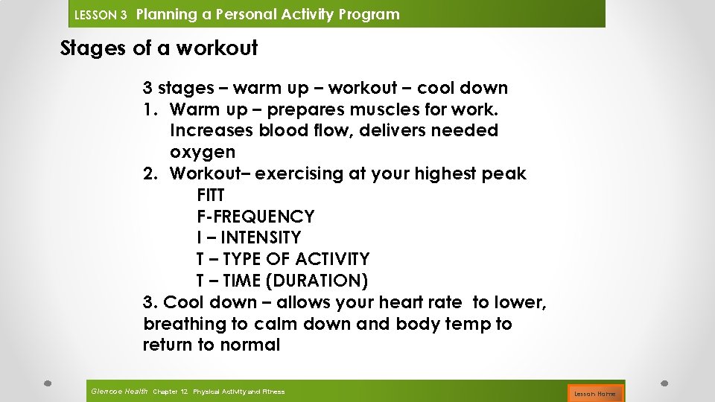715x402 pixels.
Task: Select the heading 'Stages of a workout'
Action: (x=159, y=48)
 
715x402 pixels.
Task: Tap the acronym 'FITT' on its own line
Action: (x=211, y=195)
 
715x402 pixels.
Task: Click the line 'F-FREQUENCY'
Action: (x=255, y=217)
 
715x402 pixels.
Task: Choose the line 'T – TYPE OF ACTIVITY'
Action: (x=283, y=259)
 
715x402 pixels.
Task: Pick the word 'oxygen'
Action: (x=203, y=152)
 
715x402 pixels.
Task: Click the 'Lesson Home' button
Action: (x=595, y=392)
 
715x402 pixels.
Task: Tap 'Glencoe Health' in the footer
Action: (x=119, y=391)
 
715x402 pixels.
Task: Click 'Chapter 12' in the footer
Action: (x=170, y=391)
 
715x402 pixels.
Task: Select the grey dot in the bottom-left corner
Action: (x=46, y=383)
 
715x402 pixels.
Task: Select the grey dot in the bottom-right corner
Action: (x=664, y=383)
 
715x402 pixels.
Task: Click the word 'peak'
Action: (x=506, y=173)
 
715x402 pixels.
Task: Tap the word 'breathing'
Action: (x=184, y=324)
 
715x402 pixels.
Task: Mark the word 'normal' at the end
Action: (x=250, y=345)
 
